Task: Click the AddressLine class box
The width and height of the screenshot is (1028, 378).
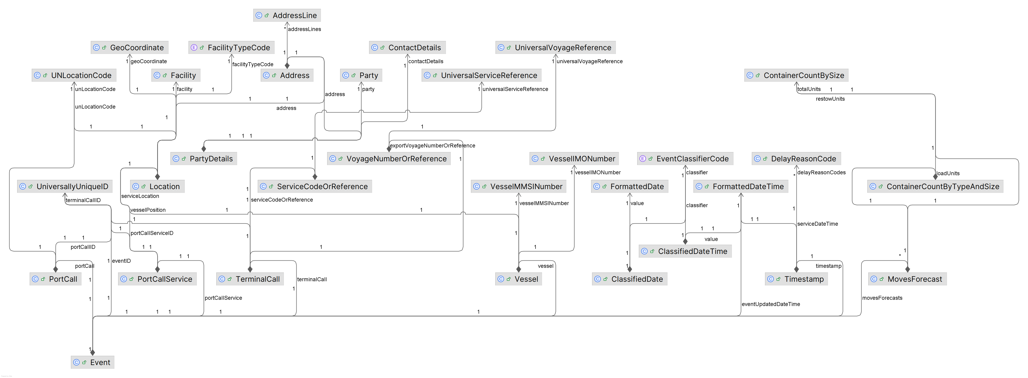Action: pyautogui.click(x=287, y=16)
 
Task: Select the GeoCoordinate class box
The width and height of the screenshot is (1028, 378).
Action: pyautogui.click(x=130, y=47)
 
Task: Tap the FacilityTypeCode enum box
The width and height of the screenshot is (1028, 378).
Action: pyautogui.click(x=232, y=47)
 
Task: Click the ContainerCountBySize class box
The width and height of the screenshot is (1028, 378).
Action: pyautogui.click(x=796, y=75)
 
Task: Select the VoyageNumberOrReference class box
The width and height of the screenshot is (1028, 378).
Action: pyautogui.click(x=389, y=159)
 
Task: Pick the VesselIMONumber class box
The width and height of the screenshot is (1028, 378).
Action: pyautogui.click(x=574, y=159)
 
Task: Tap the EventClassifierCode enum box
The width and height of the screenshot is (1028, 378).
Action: pyautogui.click(x=685, y=159)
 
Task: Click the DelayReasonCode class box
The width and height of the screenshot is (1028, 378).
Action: pyautogui.click(x=796, y=159)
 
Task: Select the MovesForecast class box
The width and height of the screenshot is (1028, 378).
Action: pyautogui.click(x=907, y=279)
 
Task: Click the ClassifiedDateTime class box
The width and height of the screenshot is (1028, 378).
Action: pyautogui.click(x=685, y=251)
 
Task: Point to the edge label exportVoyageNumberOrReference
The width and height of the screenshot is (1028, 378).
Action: pyautogui.click(x=432, y=146)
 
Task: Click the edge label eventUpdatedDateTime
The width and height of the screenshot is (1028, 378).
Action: pyautogui.click(x=771, y=304)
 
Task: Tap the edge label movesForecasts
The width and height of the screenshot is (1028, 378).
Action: pyautogui.click(x=882, y=298)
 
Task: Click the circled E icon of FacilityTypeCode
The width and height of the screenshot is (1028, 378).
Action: pyautogui.click(x=194, y=47)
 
